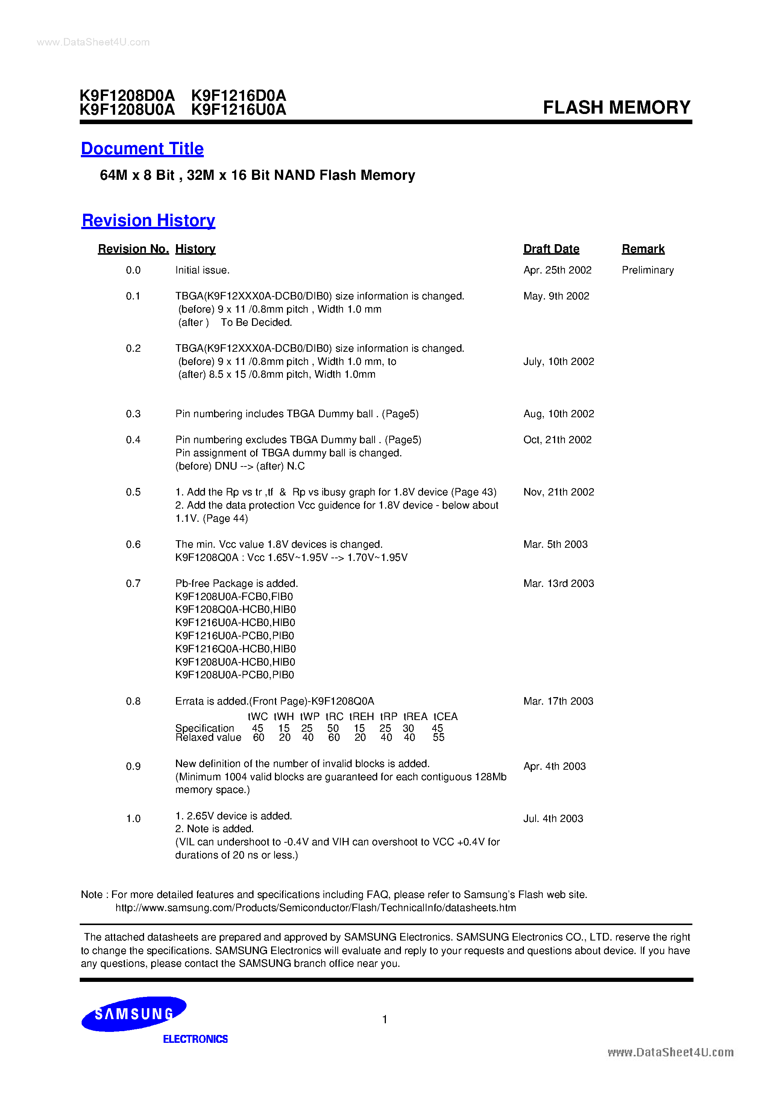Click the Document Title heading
click(x=142, y=149)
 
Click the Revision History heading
click(x=149, y=220)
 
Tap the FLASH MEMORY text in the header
click(x=616, y=107)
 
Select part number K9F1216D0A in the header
click(x=238, y=95)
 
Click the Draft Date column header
click(x=551, y=249)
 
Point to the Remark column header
click(x=643, y=249)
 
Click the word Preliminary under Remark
click(x=648, y=270)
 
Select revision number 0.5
click(x=133, y=492)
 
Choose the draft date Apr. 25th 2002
click(x=557, y=270)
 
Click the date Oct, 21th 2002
click(x=557, y=440)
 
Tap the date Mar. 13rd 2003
click(x=558, y=583)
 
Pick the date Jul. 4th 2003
click(x=553, y=819)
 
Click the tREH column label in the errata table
click(x=361, y=717)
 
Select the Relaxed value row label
click(x=208, y=738)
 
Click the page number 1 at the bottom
click(x=385, y=1019)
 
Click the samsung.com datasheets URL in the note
click(x=315, y=908)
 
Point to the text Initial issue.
click(x=202, y=270)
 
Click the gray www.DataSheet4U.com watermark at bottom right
click(x=670, y=1053)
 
